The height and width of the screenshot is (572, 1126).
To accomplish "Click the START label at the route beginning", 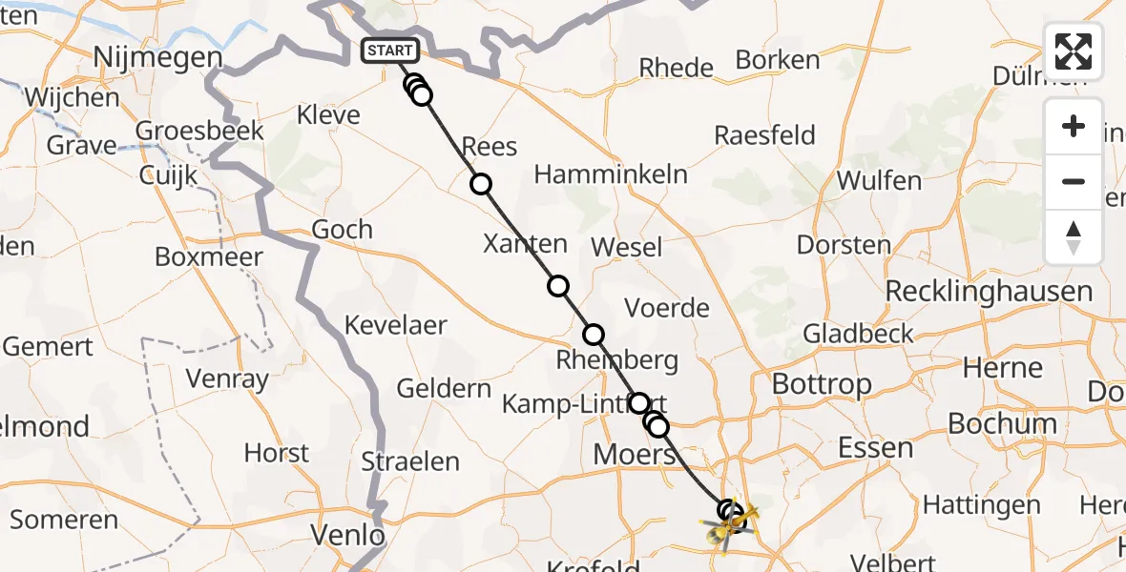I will point(390,51).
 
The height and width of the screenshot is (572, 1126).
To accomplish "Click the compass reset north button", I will point(1074,237).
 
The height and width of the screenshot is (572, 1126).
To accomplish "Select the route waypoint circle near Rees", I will point(481,184).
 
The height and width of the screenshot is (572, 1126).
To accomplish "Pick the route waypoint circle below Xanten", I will point(558,286).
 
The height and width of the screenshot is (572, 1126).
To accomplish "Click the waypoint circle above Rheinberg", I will point(594,335).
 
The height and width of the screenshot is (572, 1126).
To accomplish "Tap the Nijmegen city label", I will point(157,59).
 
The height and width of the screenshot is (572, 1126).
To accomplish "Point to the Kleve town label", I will point(328,115).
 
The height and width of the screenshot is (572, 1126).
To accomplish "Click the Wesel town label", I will point(626,247).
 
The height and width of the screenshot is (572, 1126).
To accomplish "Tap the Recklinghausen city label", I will point(989,291).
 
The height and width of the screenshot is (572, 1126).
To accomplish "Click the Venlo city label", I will point(348,536).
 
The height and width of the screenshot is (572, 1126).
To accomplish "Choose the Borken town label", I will point(778,60).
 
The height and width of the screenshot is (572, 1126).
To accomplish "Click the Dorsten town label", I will point(843,244).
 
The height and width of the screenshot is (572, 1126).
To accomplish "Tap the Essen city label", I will point(874,447).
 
